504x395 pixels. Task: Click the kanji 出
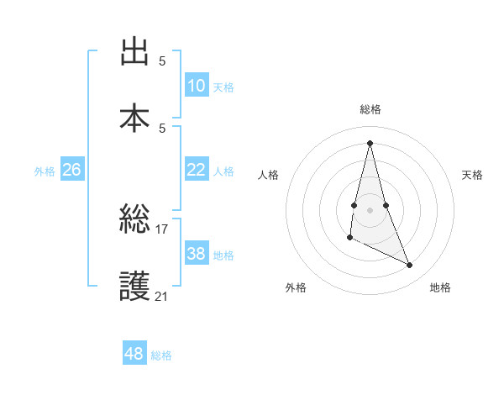click(134, 53)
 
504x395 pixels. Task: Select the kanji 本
click(134, 116)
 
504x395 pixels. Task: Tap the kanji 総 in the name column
click(134, 221)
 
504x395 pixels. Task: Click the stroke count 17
click(162, 229)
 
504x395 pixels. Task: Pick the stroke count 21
click(162, 296)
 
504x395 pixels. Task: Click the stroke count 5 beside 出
click(162, 61)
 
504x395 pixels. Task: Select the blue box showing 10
click(196, 86)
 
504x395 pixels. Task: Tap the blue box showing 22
click(196, 170)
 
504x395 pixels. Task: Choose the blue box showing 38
click(196, 254)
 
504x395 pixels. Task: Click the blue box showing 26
click(71, 170)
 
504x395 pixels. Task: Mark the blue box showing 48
click(134, 354)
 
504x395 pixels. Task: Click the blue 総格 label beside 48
click(161, 355)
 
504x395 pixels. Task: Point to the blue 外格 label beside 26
click(45, 171)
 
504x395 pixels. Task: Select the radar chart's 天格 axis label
click(472, 175)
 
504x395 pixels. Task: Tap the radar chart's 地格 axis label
click(440, 287)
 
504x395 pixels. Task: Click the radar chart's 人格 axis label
click(268, 175)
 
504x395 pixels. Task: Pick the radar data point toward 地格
click(410, 266)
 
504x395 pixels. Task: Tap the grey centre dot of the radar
click(370, 209)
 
